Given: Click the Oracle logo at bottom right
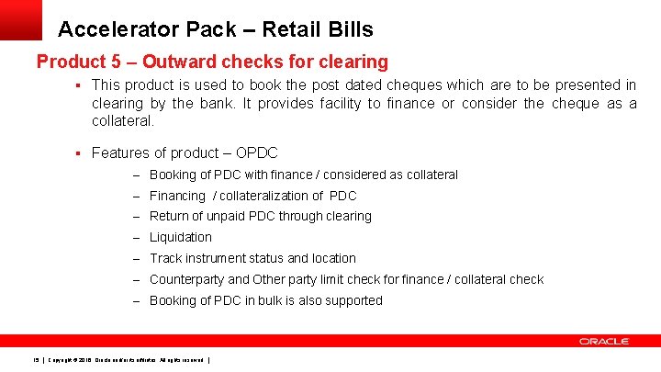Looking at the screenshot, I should [x=603, y=342].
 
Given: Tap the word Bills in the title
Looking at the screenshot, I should [x=348, y=28].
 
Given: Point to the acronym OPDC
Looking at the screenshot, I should [x=257, y=152].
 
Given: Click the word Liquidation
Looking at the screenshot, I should [x=181, y=237].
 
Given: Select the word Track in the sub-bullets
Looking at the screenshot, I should [x=166, y=258].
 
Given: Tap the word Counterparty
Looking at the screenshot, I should [x=186, y=279].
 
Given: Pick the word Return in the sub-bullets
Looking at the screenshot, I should [x=170, y=216].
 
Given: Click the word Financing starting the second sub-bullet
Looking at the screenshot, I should [x=177, y=196].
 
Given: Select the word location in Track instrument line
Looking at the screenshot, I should [x=333, y=258].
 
